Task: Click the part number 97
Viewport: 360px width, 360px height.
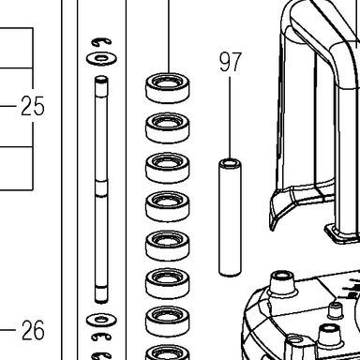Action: click(231, 62)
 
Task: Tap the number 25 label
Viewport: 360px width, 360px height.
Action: click(33, 106)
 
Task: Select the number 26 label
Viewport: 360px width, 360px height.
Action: click(33, 330)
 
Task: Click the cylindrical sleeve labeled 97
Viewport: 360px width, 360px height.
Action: click(231, 217)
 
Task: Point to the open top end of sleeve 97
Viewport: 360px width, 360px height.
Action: click(231, 163)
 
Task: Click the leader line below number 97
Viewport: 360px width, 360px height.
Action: click(231, 118)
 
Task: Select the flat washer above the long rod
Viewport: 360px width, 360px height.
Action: click(101, 58)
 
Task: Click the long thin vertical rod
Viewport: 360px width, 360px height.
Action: click(101, 189)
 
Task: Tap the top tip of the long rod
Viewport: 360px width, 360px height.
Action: click(101, 78)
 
